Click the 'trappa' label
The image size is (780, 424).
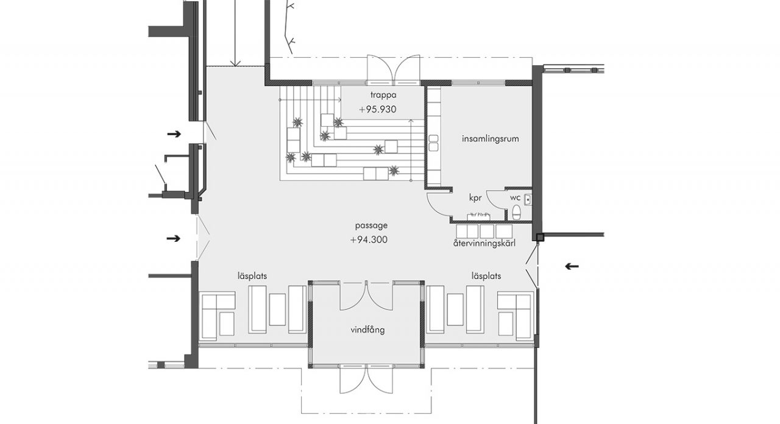(383, 94)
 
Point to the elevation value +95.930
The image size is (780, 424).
(377, 109)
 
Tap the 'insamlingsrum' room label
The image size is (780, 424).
(491, 138)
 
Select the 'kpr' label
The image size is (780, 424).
(475, 198)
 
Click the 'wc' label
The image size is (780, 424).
(516, 198)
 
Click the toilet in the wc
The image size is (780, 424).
(517, 213)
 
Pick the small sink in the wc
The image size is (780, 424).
(528, 200)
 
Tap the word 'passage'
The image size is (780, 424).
(371, 225)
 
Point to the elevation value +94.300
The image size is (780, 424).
(369, 240)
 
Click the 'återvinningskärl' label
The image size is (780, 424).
(484, 243)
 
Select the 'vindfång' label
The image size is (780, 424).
(367, 330)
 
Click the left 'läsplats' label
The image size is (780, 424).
(252, 276)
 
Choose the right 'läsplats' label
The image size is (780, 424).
(486, 276)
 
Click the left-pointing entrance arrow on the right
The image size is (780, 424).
(572, 267)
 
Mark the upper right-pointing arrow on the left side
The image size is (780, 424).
(174, 133)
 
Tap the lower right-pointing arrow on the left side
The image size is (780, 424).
(174, 238)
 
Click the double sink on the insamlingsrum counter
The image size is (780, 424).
(433, 143)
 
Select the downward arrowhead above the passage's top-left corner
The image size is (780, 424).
(235, 63)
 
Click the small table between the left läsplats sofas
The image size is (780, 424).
(277, 309)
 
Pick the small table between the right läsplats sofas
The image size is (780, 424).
(455, 309)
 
